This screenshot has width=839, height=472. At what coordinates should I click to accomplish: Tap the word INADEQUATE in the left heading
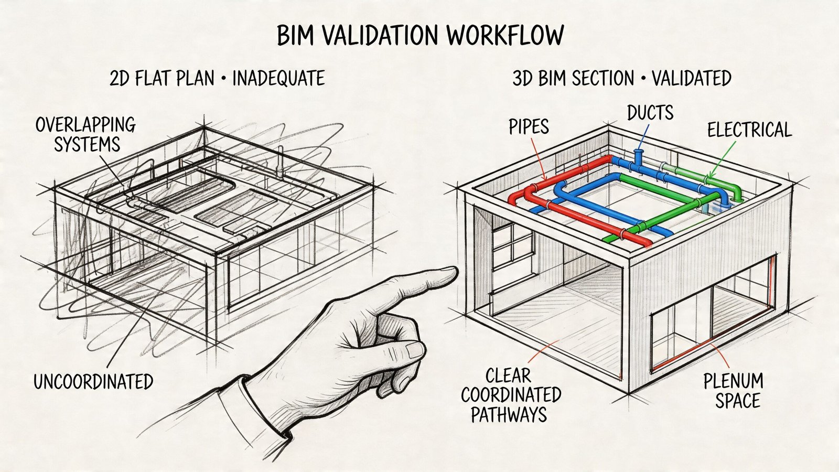point(278,79)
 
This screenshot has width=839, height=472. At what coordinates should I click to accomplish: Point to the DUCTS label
point(650,112)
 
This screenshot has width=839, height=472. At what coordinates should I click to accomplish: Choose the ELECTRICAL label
point(749,130)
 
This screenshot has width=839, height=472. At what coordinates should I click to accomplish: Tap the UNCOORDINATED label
point(93,381)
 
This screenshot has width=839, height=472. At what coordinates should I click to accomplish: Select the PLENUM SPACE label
point(733,391)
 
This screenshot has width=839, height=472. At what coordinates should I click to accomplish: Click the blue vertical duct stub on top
point(639,157)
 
